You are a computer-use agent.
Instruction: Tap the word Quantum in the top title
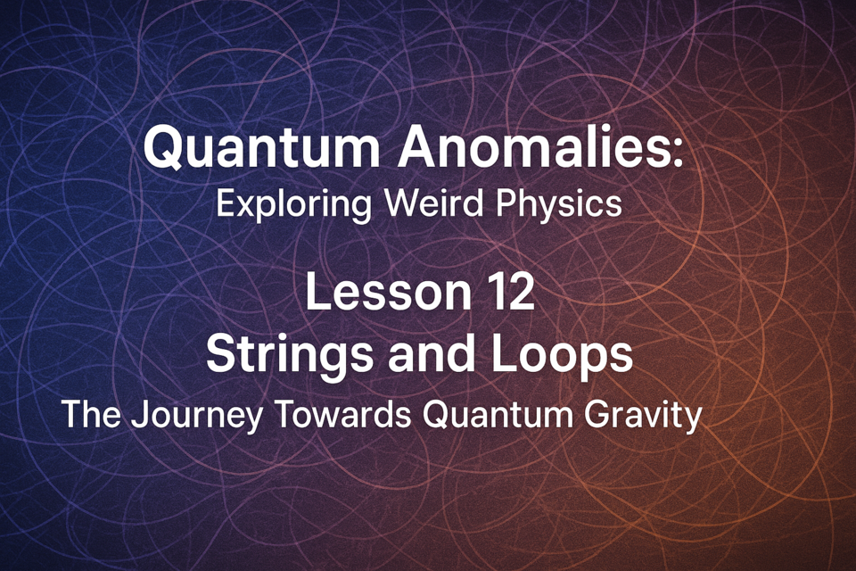261,148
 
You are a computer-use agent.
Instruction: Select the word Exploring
293,205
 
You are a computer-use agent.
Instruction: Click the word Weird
434,203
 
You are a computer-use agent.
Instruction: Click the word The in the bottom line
91,414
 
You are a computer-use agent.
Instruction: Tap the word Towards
342,414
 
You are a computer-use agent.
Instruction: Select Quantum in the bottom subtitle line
498,414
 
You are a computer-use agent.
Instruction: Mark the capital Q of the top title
163,148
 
